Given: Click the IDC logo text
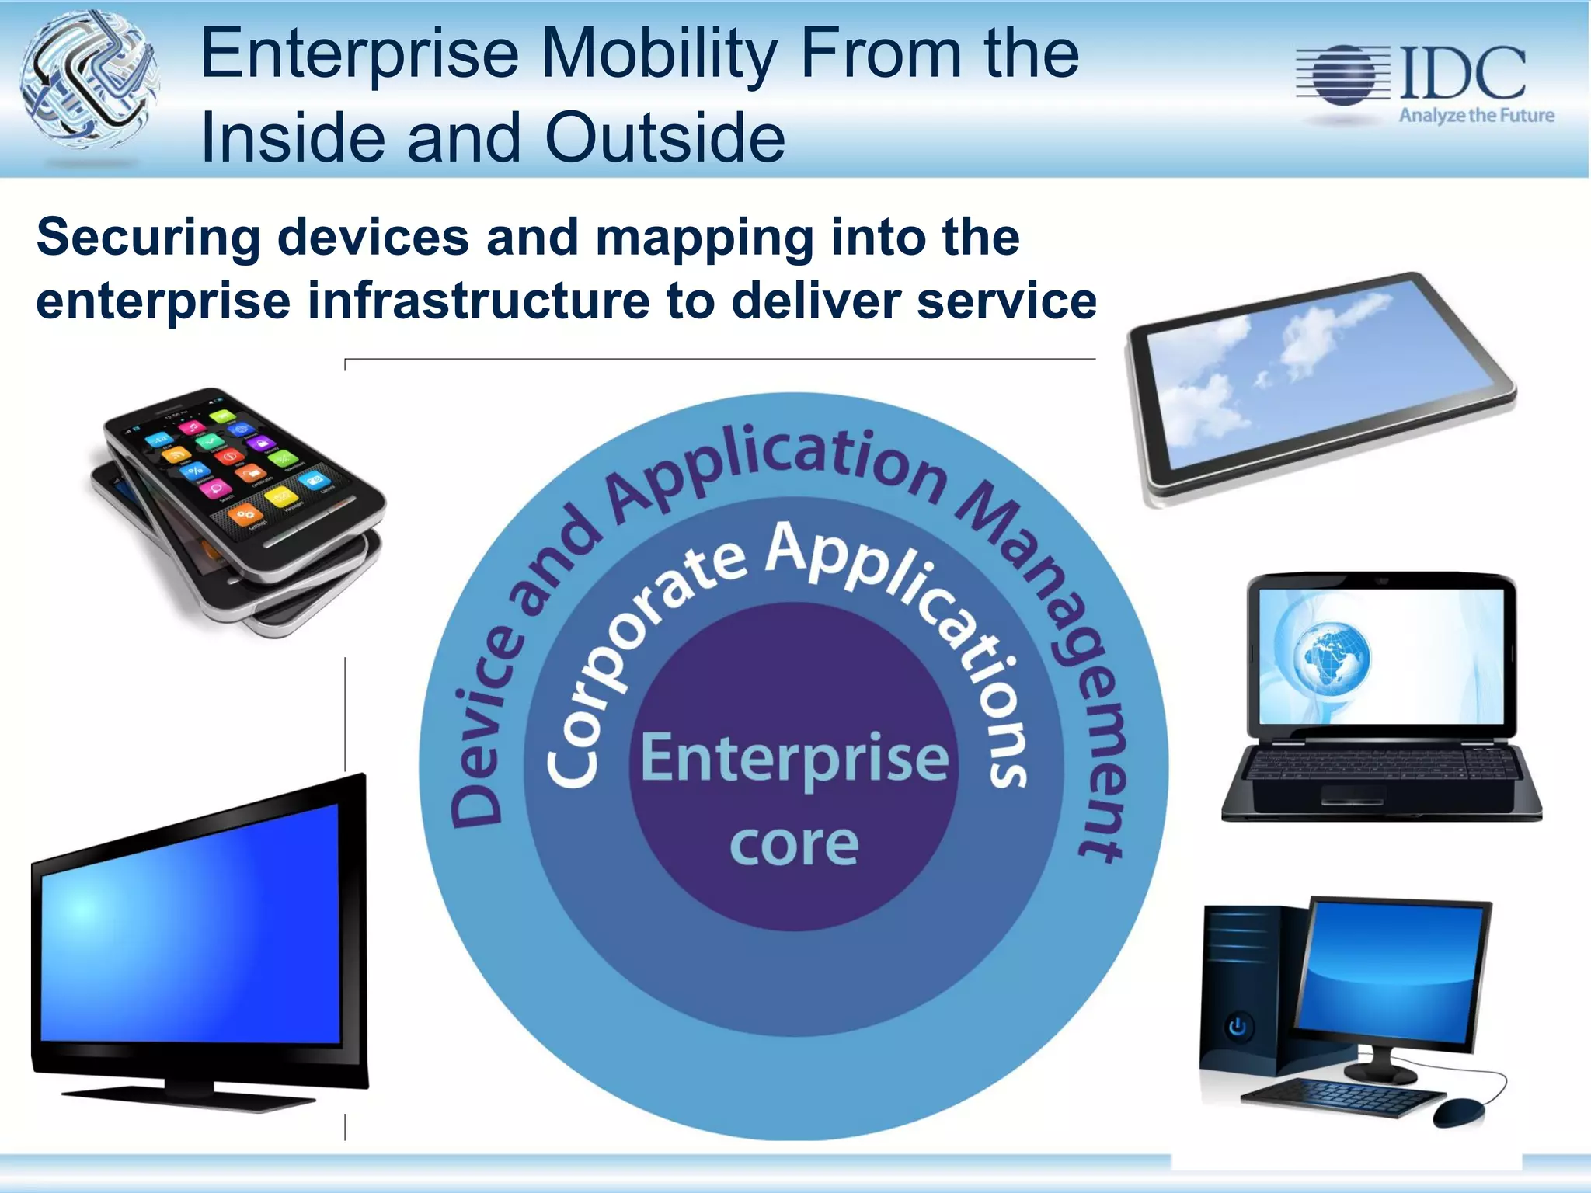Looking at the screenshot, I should pyautogui.click(x=1462, y=71).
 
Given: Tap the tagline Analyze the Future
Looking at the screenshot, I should pyautogui.click(x=1476, y=116).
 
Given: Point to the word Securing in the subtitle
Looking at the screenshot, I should pyautogui.click(x=148, y=237).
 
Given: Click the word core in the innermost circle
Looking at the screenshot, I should pyautogui.click(x=794, y=844).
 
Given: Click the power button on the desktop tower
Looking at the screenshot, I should pyautogui.click(x=1238, y=1027).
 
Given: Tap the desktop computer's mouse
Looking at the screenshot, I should pyautogui.click(x=1459, y=1112).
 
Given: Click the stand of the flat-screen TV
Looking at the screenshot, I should pyautogui.click(x=190, y=1097).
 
